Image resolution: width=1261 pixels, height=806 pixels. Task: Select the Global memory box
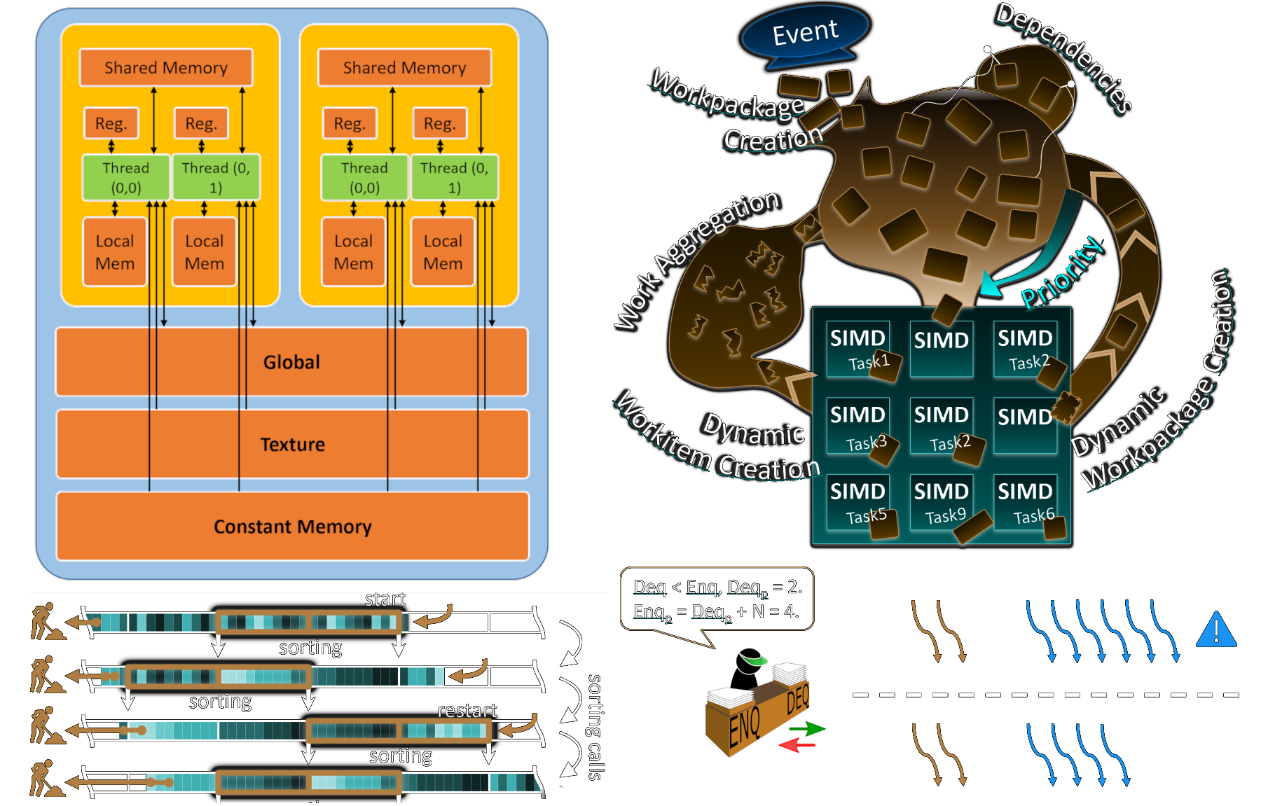pos(291,362)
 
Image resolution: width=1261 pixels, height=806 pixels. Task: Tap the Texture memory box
pos(292,445)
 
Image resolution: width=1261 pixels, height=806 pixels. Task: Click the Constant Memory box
pos(292,527)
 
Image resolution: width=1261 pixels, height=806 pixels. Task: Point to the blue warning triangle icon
pos(1216,630)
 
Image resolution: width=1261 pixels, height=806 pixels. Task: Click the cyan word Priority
pos(1063,273)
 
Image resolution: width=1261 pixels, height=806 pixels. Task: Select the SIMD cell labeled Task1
pos(858,348)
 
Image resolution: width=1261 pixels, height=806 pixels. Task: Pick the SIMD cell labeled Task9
pos(942,501)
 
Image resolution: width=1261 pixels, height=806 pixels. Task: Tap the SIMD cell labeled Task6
pos(1026,501)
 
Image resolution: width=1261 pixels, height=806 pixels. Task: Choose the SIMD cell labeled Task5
pos(858,501)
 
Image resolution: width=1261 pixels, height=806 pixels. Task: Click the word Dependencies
pos(1063,57)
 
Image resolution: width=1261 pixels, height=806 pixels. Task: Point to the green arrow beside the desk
pos(808,728)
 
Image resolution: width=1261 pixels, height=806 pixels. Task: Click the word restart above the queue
pos(467,711)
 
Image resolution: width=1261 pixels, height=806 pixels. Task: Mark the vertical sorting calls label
pos(595,727)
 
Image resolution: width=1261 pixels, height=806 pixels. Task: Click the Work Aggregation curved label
pos(697,259)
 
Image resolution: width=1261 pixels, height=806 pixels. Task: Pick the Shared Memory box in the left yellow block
pos(166,68)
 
